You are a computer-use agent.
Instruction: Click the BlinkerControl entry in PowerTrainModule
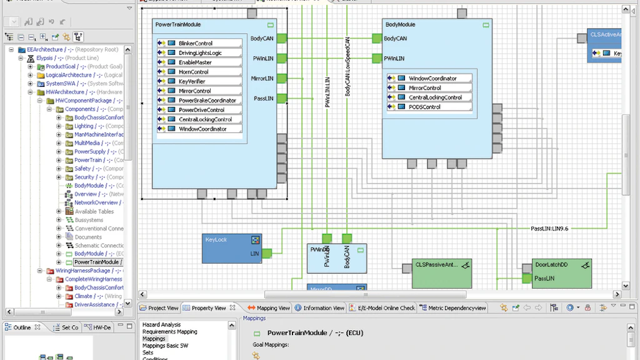click(x=195, y=43)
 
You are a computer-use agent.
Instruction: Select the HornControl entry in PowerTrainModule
click(x=193, y=72)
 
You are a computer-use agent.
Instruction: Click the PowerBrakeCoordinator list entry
click(x=207, y=101)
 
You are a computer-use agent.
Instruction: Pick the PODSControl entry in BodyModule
click(x=424, y=107)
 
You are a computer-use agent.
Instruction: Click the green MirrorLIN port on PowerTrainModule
click(x=281, y=78)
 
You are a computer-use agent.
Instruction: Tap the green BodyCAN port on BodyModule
click(x=377, y=38)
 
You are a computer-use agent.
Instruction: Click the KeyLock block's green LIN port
click(x=266, y=253)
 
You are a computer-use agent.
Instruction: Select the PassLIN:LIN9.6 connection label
click(x=549, y=229)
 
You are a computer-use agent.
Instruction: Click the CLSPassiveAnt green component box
click(x=441, y=273)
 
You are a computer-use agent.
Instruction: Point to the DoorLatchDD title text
click(x=551, y=265)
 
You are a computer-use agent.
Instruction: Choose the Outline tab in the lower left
click(x=22, y=327)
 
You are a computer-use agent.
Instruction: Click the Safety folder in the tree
click(x=82, y=169)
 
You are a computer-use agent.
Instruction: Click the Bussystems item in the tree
click(x=89, y=220)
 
